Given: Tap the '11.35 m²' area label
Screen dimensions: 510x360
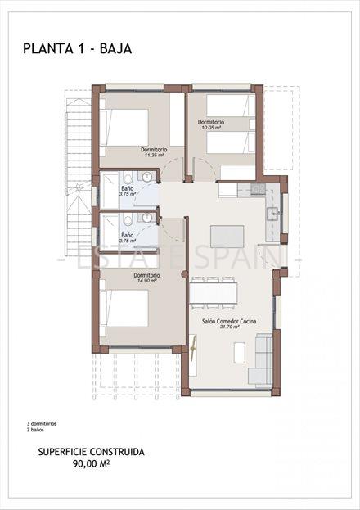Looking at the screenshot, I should click(154, 156).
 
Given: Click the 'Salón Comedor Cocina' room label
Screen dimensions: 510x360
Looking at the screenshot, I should click(228, 322).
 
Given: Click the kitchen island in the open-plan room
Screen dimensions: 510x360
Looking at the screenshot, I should click(227, 237).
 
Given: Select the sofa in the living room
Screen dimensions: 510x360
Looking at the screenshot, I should click(262, 361).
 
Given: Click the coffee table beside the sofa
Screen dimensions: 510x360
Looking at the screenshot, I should click(238, 353).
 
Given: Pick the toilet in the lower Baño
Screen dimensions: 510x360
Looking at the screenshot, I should click(129, 219).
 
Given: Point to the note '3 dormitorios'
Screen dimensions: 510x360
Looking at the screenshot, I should click(41, 423).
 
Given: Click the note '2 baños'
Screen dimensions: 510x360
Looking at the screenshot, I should click(34, 429).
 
